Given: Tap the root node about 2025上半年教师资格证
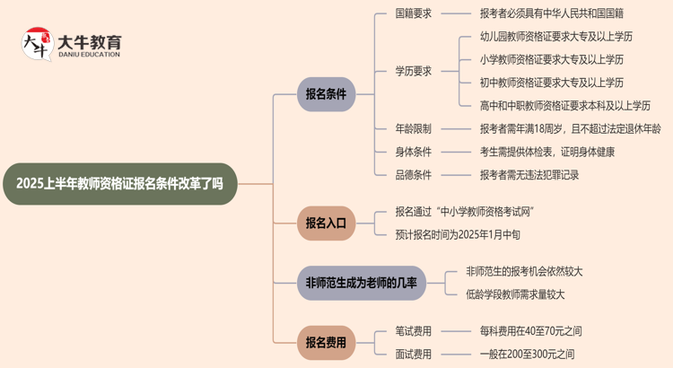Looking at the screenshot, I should (119, 184).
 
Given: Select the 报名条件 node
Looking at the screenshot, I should (327, 93).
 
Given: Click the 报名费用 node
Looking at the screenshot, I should (326, 342).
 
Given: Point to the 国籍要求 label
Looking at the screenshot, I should (414, 13).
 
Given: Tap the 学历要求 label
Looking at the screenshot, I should (414, 71).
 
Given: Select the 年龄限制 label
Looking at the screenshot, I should (414, 128).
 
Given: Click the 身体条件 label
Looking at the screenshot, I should (414, 152).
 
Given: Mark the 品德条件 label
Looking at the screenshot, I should (414, 175).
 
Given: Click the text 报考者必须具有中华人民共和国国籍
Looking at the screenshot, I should (552, 13).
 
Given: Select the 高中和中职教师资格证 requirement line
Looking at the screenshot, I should (565, 105).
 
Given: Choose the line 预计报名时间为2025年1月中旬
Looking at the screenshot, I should (470, 234).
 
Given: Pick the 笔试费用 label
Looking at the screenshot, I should (414, 331).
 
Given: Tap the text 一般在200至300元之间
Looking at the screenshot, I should (528, 354).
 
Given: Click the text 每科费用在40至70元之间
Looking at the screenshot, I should (531, 331).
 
